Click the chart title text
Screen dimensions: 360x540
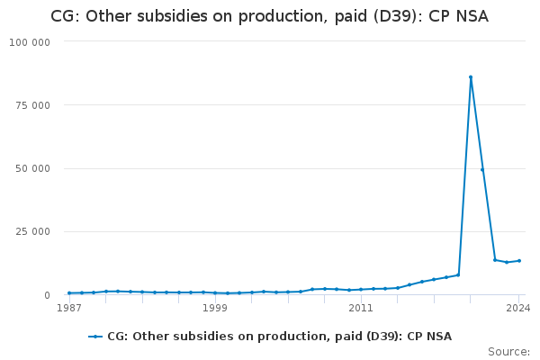(x=269, y=16)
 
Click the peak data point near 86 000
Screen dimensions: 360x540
(x=471, y=77)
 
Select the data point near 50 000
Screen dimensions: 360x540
(x=482, y=169)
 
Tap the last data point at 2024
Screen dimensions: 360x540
(x=519, y=261)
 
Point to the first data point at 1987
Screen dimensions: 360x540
(x=69, y=292)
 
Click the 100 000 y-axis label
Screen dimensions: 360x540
(x=30, y=42)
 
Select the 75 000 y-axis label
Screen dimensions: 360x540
(x=32, y=105)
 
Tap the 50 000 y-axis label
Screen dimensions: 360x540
(x=32, y=168)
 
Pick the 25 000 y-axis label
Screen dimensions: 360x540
(x=32, y=232)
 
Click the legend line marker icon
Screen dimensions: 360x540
(x=95, y=337)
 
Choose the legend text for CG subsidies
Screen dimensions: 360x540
(x=279, y=337)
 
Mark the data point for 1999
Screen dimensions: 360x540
(x=215, y=292)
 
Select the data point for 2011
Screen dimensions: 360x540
(x=361, y=289)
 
